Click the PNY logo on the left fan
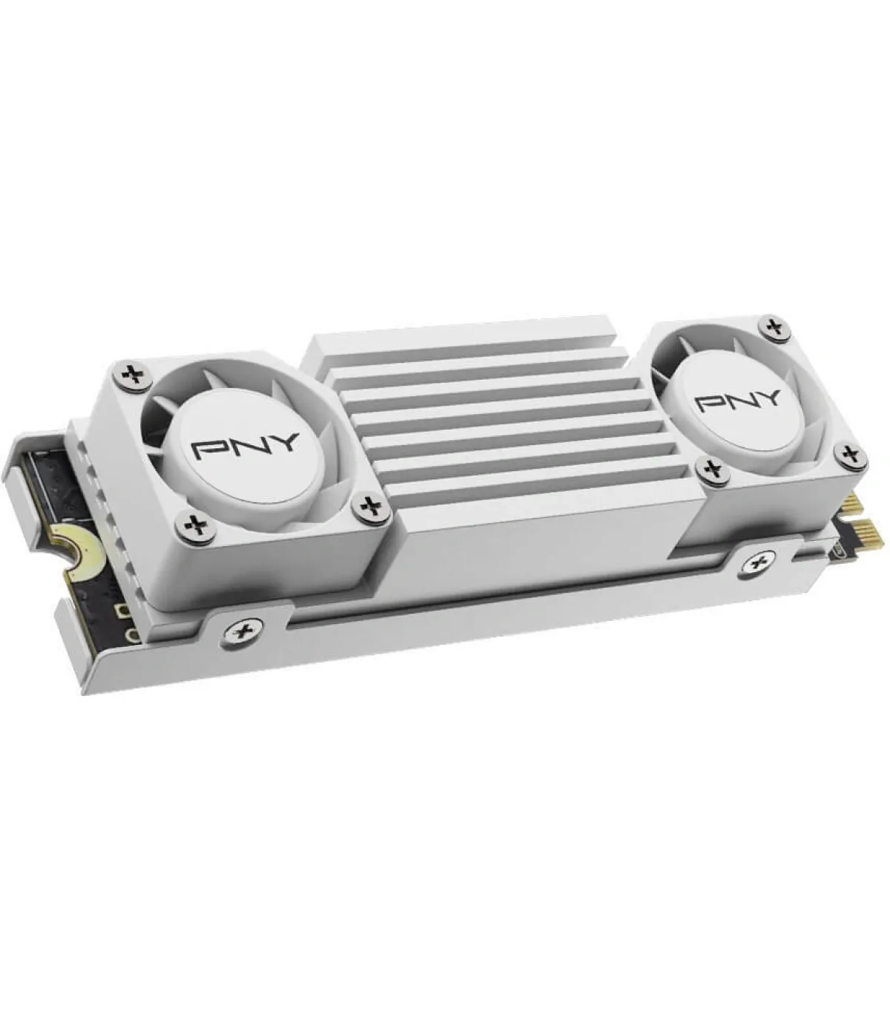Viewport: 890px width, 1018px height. coord(245,447)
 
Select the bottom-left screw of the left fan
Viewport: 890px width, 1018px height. coord(197,525)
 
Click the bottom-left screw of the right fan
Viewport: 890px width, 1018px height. coord(711,467)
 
